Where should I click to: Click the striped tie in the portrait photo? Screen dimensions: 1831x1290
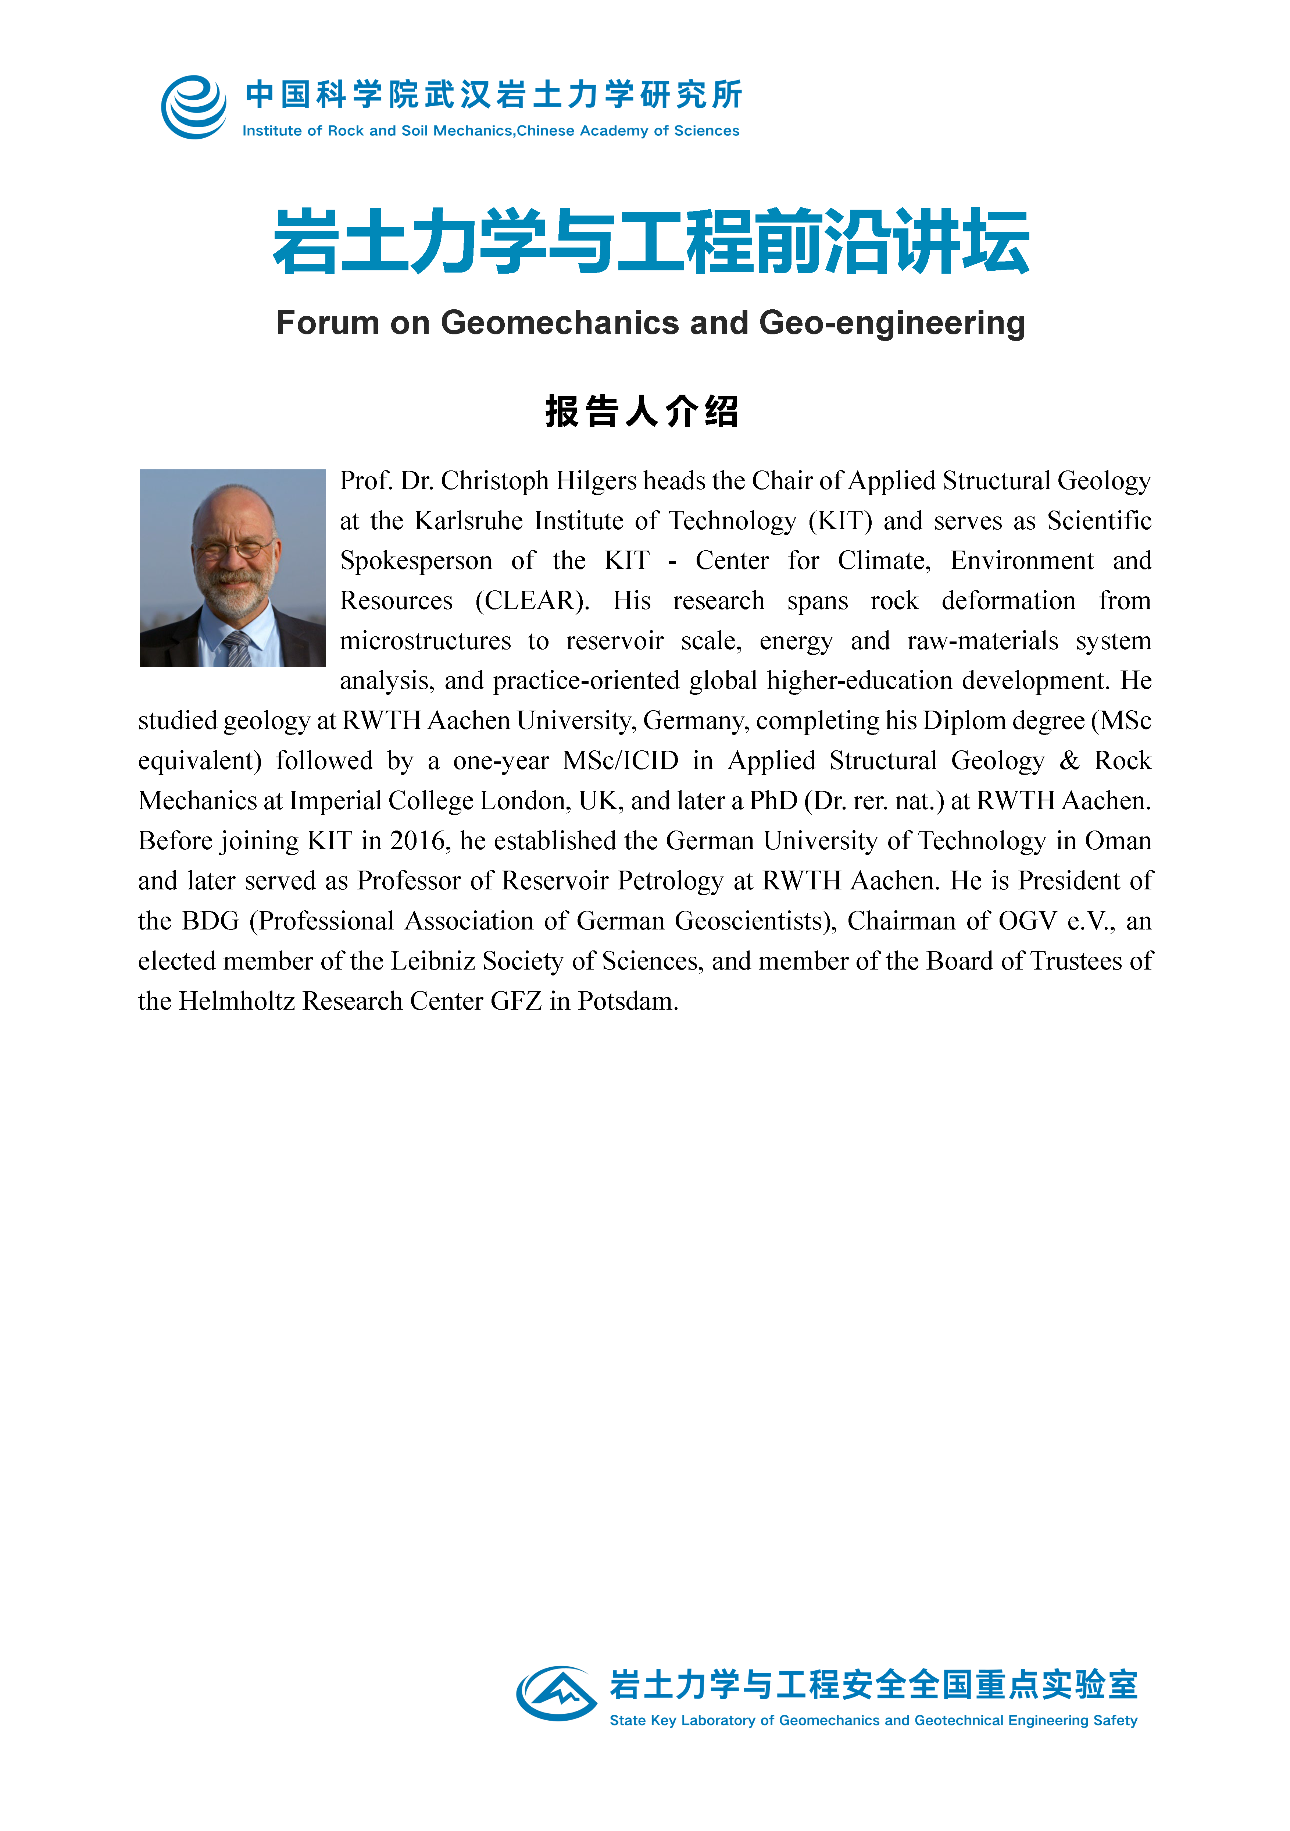pyautogui.click(x=237, y=648)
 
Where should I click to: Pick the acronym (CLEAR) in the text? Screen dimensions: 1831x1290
pyautogui.click(x=533, y=601)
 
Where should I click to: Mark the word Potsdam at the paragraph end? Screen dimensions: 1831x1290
pyautogui.click(x=628, y=1001)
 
